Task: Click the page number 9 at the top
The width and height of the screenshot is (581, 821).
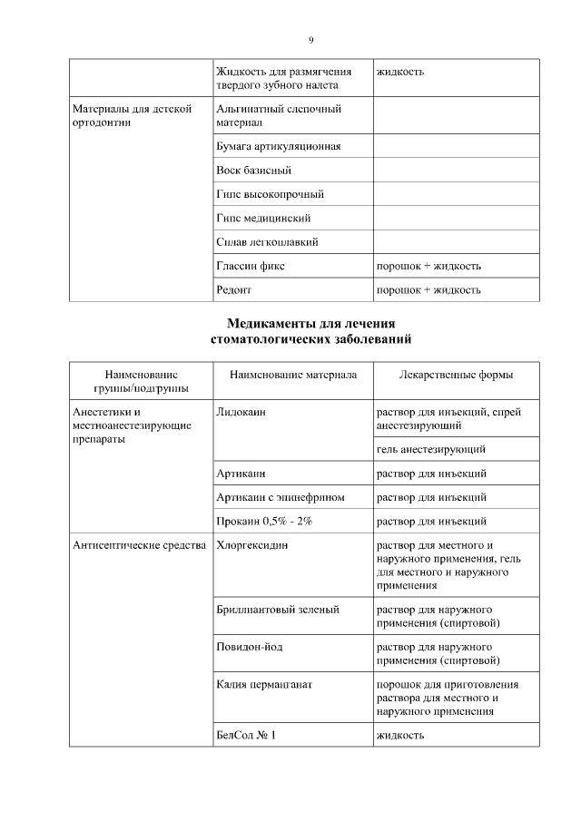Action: click(x=310, y=40)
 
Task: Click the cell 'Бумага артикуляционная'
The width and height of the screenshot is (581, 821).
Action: click(x=279, y=146)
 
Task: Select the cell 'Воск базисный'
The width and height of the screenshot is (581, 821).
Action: click(x=253, y=171)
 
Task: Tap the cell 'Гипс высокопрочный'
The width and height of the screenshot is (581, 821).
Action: click(x=270, y=194)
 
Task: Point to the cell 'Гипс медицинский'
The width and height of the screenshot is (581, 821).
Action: click(x=264, y=219)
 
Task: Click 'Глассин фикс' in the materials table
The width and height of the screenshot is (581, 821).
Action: click(x=251, y=267)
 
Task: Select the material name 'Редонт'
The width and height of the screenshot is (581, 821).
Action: click(x=233, y=290)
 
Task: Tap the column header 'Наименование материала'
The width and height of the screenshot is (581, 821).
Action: click(x=292, y=375)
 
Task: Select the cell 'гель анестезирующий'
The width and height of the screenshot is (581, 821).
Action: click(x=430, y=449)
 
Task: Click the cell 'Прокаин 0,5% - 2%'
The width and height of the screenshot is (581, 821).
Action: click(x=264, y=522)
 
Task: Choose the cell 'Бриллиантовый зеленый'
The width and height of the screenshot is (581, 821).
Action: click(x=278, y=610)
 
